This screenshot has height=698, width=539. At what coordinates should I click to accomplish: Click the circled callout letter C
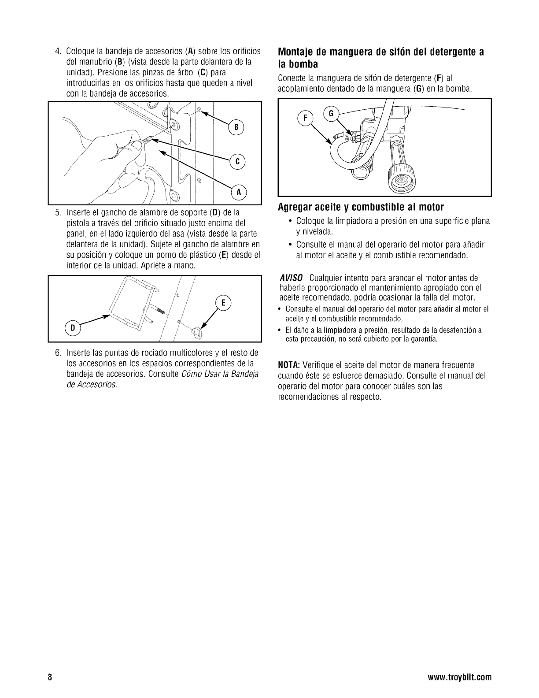[x=237, y=162]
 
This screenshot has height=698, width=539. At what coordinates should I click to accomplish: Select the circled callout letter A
[x=239, y=192]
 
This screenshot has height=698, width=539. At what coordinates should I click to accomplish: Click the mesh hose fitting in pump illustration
[x=401, y=178]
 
